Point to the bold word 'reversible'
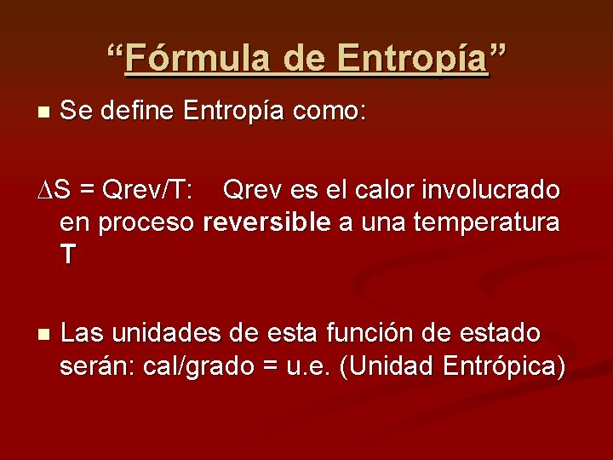(266, 223)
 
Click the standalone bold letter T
(68, 255)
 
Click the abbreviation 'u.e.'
(309, 367)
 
